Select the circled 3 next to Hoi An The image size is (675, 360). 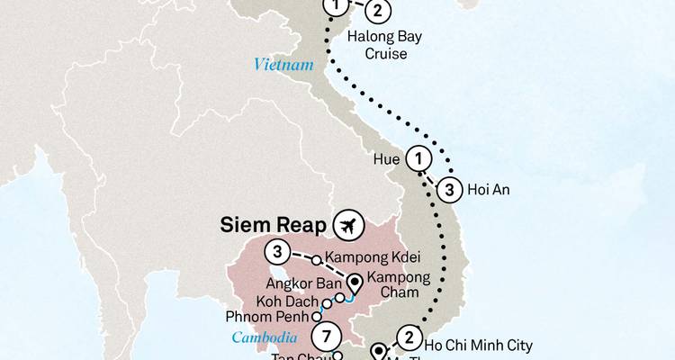coord(451,190)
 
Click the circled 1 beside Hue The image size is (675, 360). coord(418,158)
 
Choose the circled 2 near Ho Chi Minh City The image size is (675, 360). coord(408,338)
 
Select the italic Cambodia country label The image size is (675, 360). coord(265,337)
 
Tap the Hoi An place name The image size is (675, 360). coord(493,190)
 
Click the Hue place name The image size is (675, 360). coord(385,158)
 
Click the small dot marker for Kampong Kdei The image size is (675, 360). coord(316,261)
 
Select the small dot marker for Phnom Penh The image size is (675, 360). coord(316,317)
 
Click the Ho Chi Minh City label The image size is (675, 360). coord(479,345)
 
